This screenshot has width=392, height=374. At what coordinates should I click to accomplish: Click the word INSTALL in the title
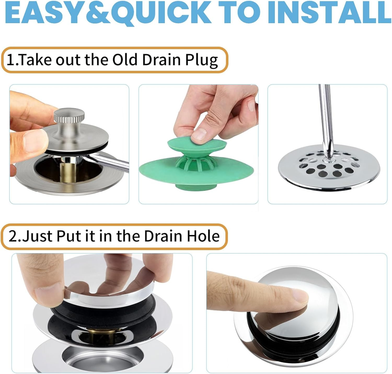(x=329, y=13)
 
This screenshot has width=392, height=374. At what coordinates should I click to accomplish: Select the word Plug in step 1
(x=201, y=60)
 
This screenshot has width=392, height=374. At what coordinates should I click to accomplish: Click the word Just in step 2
(x=38, y=236)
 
